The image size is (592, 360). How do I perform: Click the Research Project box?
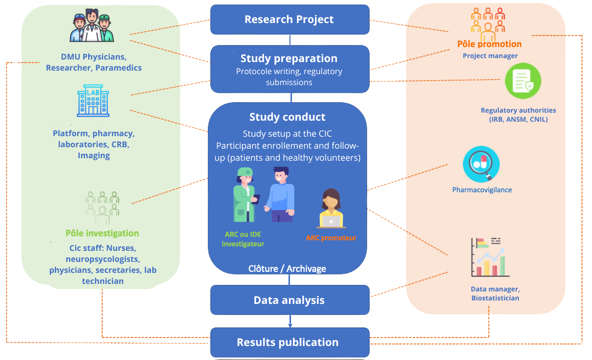point(289,20)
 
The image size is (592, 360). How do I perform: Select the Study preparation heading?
point(289,58)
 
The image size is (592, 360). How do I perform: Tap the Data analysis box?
point(289,300)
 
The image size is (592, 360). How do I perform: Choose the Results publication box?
point(288,342)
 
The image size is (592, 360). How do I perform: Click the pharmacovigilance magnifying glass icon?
point(481,164)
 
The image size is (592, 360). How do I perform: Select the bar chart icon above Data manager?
point(490,257)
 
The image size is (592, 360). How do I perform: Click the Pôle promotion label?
point(489,44)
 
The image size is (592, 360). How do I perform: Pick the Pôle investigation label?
point(102,233)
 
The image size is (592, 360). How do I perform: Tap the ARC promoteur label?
point(331,238)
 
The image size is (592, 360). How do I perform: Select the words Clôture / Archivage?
point(287,269)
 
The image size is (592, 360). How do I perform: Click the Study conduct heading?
point(287,117)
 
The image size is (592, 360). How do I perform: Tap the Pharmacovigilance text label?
point(482,190)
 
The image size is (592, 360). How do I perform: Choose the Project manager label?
point(490,56)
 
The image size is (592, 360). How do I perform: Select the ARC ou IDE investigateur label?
point(243,239)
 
